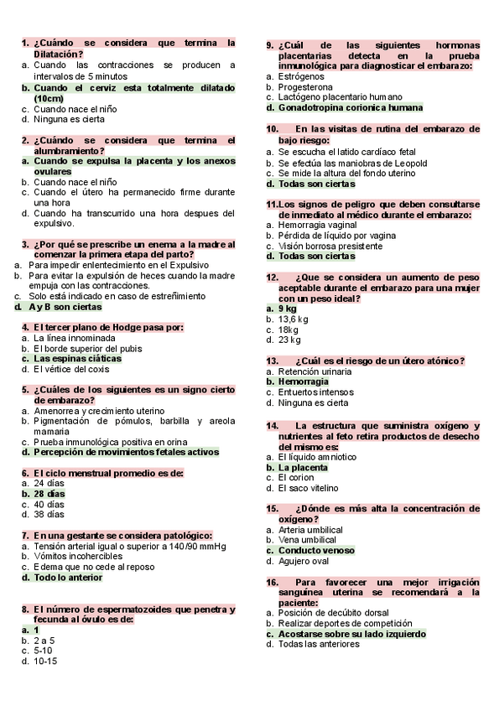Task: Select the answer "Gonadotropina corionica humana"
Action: [350, 107]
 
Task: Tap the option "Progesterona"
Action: [305, 87]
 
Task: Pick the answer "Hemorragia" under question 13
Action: [303, 381]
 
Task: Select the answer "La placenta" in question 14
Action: [303, 467]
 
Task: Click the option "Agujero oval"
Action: [304, 561]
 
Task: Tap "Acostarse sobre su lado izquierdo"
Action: [351, 634]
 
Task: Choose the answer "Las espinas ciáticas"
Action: [77, 359]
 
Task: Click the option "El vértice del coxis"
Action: [71, 369]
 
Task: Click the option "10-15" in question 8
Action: [45, 661]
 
